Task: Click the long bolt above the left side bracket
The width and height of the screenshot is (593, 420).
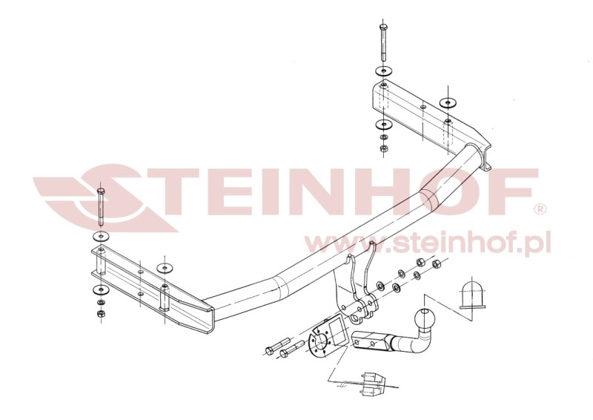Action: pos(101,208)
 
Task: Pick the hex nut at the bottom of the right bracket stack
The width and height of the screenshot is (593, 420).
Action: pos(383,148)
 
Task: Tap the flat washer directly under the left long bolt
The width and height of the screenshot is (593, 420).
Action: pos(100,236)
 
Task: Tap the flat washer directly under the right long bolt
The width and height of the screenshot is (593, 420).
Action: pos(381,70)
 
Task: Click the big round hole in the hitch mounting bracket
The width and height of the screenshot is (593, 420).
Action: pos(359,319)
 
